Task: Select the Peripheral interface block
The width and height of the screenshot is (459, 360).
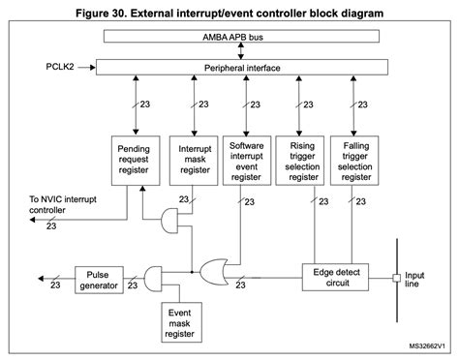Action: (241, 70)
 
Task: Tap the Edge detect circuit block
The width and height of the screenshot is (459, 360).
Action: (339, 278)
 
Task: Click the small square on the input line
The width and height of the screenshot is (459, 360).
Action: (397, 278)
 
